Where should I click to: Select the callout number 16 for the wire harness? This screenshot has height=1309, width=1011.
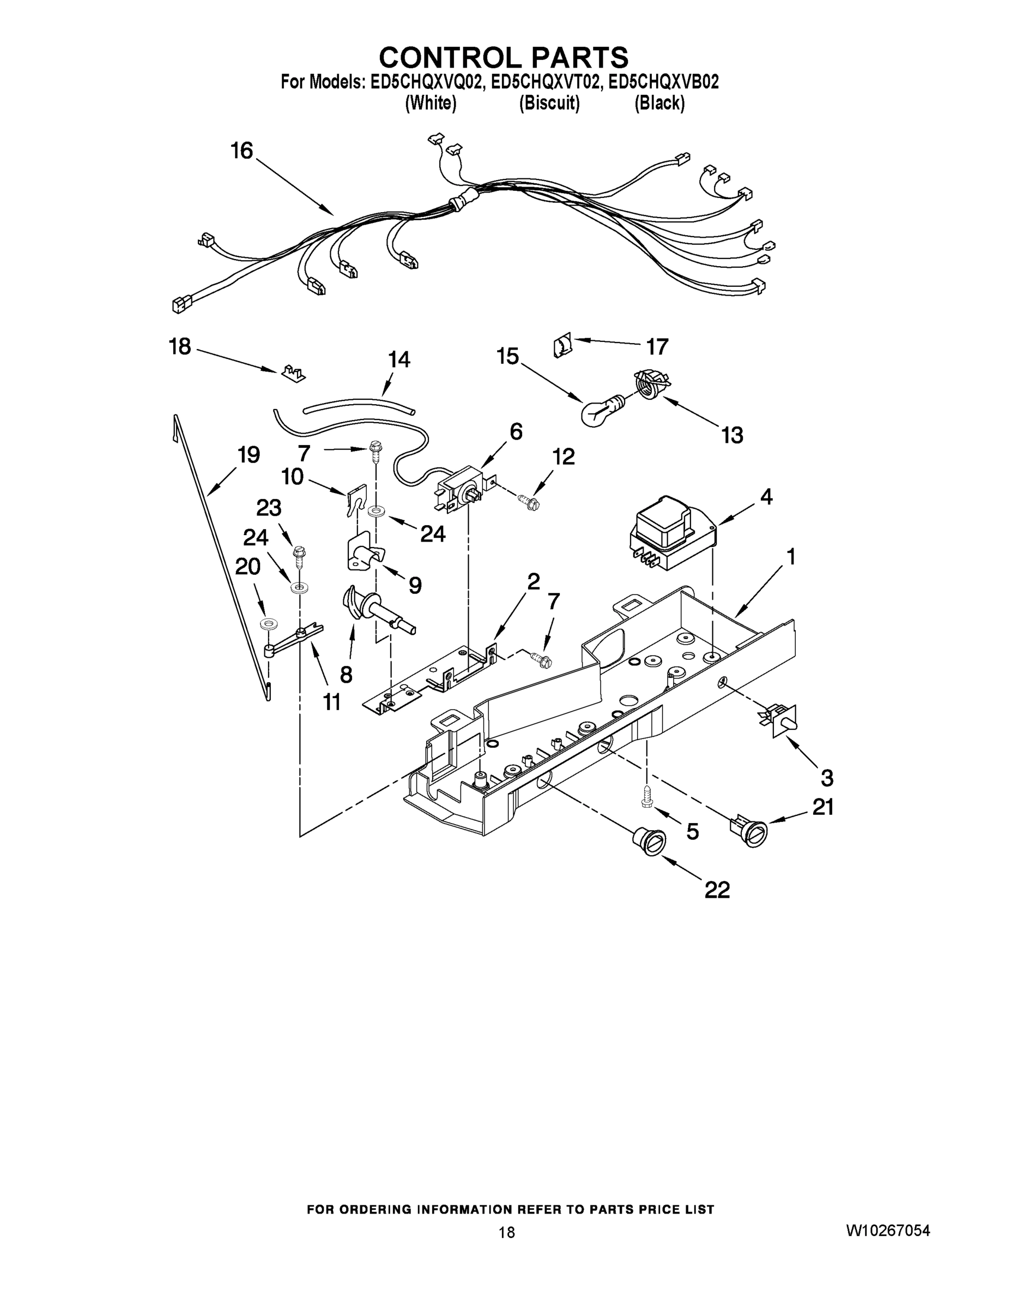tap(242, 151)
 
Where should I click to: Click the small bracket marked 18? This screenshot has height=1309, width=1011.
tap(293, 372)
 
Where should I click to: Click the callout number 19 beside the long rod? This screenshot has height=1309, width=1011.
tap(248, 455)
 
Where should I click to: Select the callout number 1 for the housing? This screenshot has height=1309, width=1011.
tap(791, 557)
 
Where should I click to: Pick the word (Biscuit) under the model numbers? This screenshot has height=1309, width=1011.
tap(549, 103)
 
